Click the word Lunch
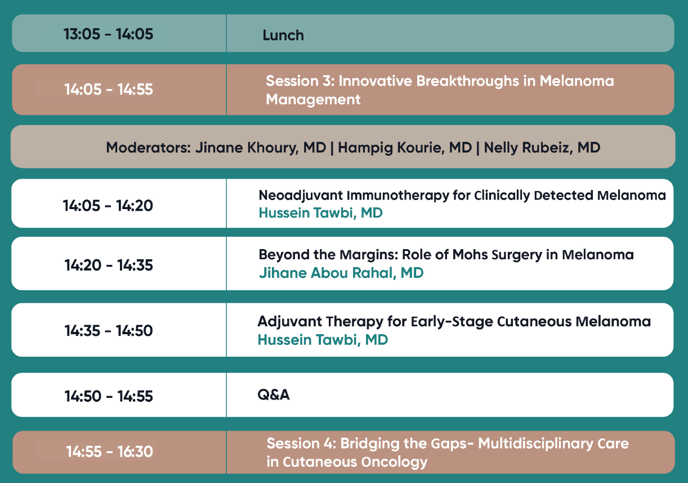pyautogui.click(x=283, y=35)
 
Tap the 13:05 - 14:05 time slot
pyautogui.click(x=109, y=34)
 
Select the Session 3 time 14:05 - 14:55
pyautogui.click(x=109, y=89)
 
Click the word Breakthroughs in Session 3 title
pyautogui.click(x=467, y=81)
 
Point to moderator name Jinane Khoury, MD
pyautogui.click(x=261, y=148)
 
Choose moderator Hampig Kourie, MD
pyautogui.click(x=405, y=148)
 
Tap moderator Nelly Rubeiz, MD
pyautogui.click(x=542, y=148)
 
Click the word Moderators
pyautogui.click(x=149, y=148)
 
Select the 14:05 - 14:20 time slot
pyautogui.click(x=108, y=205)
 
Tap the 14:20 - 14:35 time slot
pyautogui.click(x=109, y=265)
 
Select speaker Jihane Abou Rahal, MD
pyautogui.click(x=341, y=273)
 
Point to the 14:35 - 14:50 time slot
pyautogui.click(x=109, y=330)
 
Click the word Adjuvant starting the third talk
pyautogui.click(x=289, y=322)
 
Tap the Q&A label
pyautogui.click(x=274, y=395)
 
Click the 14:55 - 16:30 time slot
pyautogui.click(x=110, y=451)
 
